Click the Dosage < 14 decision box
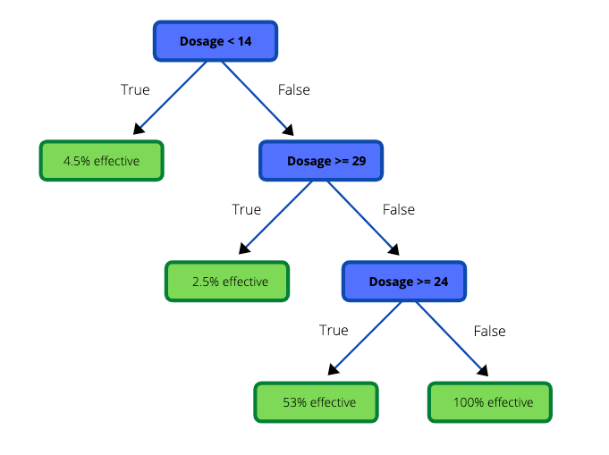click(215, 41)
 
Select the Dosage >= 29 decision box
click(321, 161)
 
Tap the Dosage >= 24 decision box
click(403, 282)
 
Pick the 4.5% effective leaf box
click(101, 161)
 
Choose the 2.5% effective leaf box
click(227, 282)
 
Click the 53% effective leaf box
click(316, 402)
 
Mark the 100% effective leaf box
click(489, 402)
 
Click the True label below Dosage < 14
click(135, 89)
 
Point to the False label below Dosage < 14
click(294, 89)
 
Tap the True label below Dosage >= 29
click(246, 210)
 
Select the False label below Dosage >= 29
click(399, 210)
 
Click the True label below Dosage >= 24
click(334, 331)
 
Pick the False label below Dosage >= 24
click(489, 331)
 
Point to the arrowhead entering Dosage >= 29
click(289, 131)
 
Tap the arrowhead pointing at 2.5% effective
click(243, 251)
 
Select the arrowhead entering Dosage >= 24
click(394, 251)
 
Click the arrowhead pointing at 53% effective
click(333, 371)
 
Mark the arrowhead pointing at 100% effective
click(484, 371)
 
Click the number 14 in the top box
click(242, 41)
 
